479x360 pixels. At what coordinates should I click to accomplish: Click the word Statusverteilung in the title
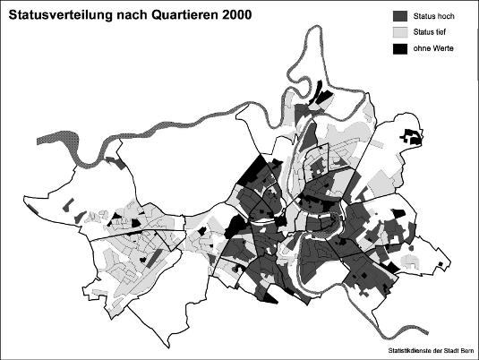[x=65, y=15]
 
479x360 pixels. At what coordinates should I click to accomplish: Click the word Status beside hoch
[x=425, y=16]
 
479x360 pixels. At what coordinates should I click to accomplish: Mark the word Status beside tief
[x=425, y=32]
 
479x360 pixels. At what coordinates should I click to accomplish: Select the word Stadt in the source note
[x=449, y=350]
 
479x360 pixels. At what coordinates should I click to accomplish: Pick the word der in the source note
[x=432, y=350]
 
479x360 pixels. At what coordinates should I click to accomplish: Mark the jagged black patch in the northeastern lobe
[x=412, y=137]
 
